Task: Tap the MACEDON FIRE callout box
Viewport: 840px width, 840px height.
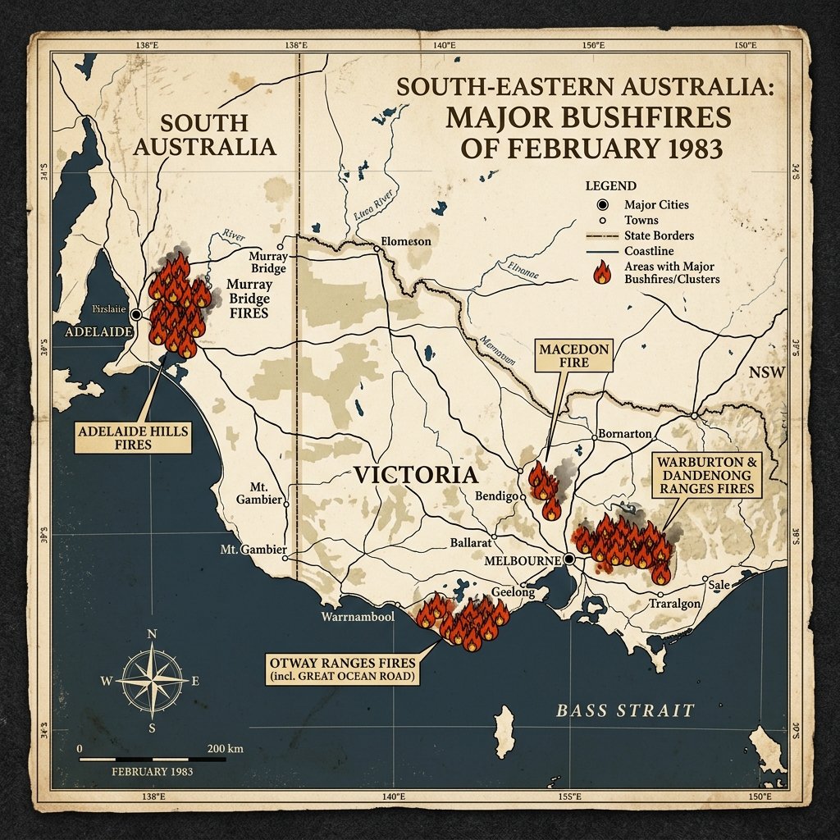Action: coord(574,356)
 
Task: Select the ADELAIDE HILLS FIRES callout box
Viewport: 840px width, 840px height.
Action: coord(133,437)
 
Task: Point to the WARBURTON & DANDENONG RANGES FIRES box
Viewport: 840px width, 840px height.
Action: coord(706,475)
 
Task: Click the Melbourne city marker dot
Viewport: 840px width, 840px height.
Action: coord(568,559)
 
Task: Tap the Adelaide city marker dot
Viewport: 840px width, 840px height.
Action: coord(136,314)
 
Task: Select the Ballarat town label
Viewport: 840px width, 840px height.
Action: coord(471,543)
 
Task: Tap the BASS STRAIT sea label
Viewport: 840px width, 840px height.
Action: coord(625,710)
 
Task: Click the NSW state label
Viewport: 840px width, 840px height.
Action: coord(766,373)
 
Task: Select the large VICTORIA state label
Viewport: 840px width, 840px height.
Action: coord(415,475)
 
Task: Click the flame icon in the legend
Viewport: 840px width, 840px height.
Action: coord(601,272)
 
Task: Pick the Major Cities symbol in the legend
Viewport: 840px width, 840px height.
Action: coord(602,205)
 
